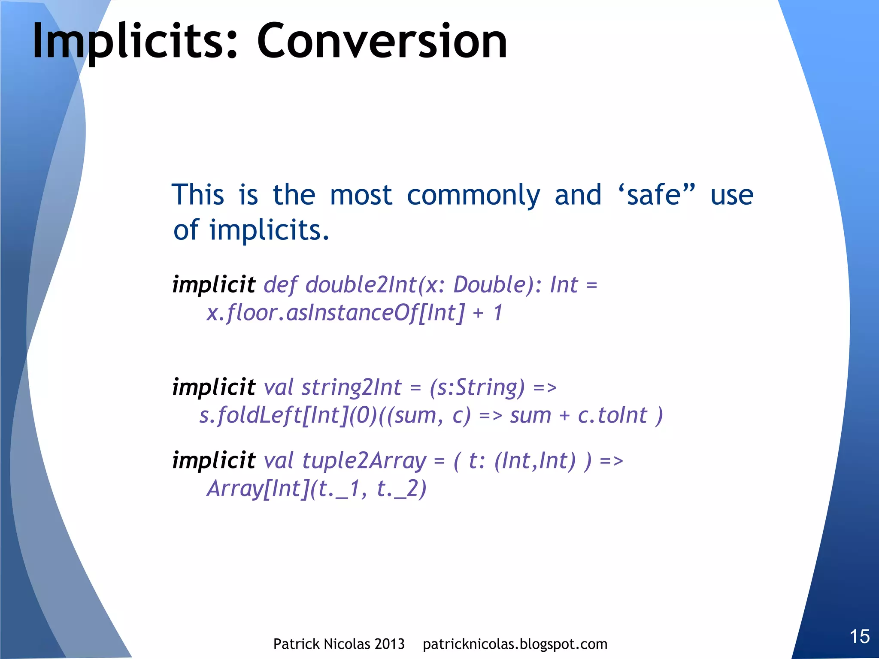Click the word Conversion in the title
click(382, 42)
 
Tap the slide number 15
click(860, 636)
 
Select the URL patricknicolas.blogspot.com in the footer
click(515, 644)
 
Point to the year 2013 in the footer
click(389, 644)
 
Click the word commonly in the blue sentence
click(473, 195)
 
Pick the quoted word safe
click(654, 195)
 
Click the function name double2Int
click(361, 284)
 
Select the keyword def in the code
click(280, 284)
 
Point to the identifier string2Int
click(352, 387)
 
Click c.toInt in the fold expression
click(612, 415)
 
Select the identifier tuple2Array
click(364, 461)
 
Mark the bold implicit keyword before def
click(214, 284)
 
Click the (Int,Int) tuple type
click(535, 461)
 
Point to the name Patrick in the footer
click(297, 644)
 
